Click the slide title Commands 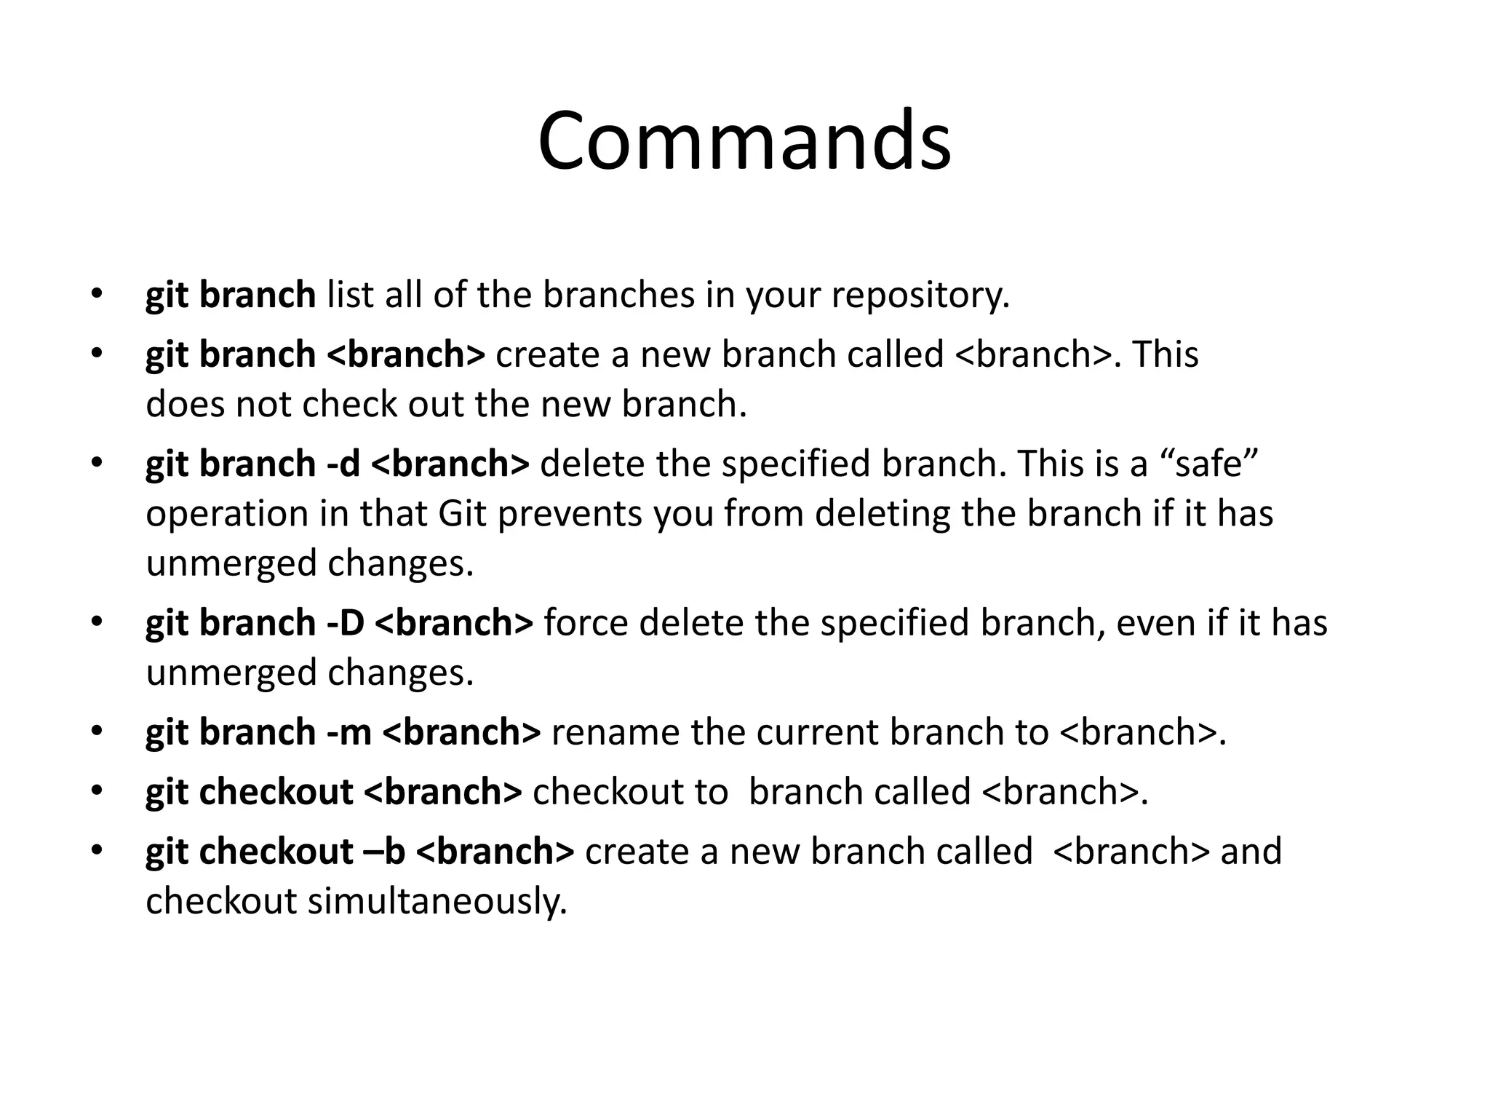pos(744,140)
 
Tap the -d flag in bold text pos(343,464)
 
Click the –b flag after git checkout pos(383,852)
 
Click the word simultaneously pos(437,903)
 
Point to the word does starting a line pos(185,404)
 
